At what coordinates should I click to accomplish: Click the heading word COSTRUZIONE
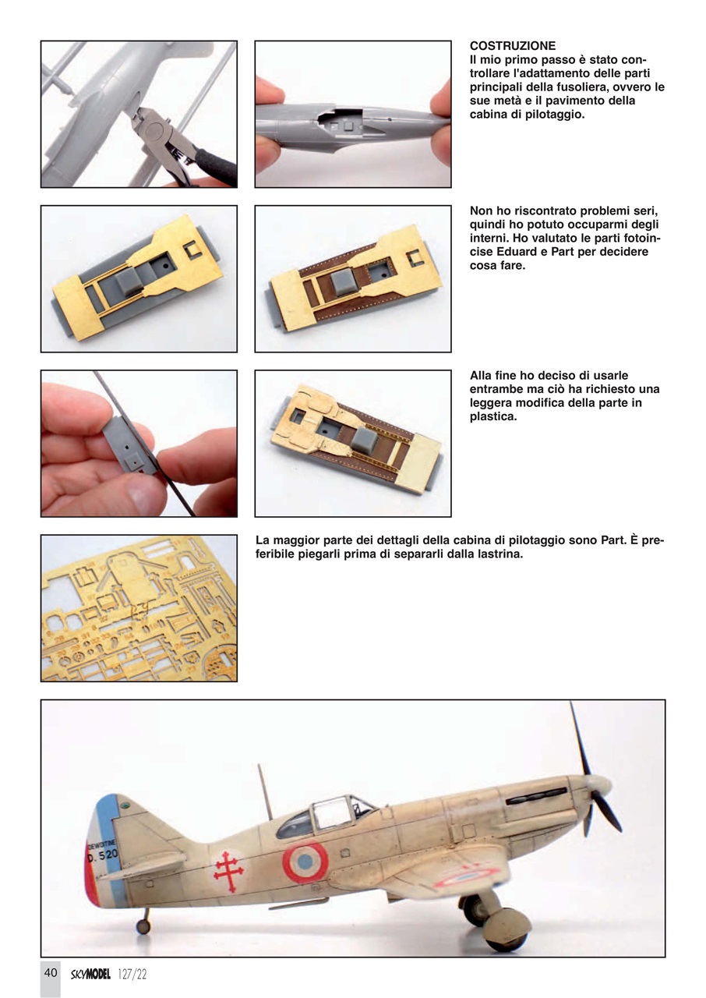513,47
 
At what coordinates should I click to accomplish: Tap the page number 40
51,972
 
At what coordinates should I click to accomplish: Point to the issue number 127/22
132,973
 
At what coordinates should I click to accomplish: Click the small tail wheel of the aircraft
143,926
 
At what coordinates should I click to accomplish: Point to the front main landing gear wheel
507,929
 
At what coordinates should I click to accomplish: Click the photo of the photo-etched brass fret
139,608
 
